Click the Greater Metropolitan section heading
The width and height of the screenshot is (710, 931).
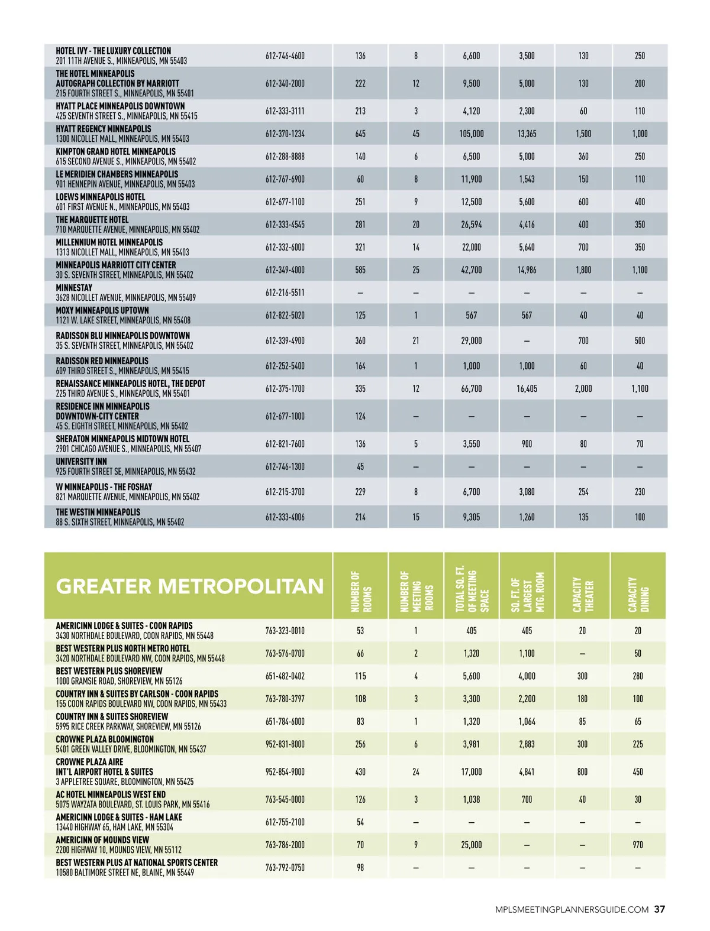[189, 586]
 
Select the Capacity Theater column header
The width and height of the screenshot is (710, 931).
[583, 593]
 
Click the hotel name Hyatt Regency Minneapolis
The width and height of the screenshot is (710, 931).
[104, 129]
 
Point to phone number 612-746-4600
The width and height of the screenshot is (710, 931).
[285, 56]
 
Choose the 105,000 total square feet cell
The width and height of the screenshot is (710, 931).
[472, 134]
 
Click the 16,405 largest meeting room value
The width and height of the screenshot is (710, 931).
[527, 388]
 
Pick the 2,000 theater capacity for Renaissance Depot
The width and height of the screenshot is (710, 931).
[583, 388]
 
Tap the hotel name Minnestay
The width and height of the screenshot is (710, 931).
[74, 288]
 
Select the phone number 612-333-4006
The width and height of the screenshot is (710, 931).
[285, 517]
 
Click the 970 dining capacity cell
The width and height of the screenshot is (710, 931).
[638, 845]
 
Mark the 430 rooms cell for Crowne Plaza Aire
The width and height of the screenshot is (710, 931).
[360, 771]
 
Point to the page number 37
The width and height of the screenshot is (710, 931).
[660, 910]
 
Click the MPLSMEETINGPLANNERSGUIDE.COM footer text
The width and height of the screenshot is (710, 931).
[572, 910]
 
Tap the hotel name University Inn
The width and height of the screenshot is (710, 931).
[82, 462]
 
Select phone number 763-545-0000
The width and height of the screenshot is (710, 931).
[285, 799]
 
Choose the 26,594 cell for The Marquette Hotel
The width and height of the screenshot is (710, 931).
[472, 225]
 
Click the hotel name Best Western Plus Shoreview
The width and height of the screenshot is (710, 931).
[109, 671]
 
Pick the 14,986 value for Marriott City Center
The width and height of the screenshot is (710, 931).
[527, 270]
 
